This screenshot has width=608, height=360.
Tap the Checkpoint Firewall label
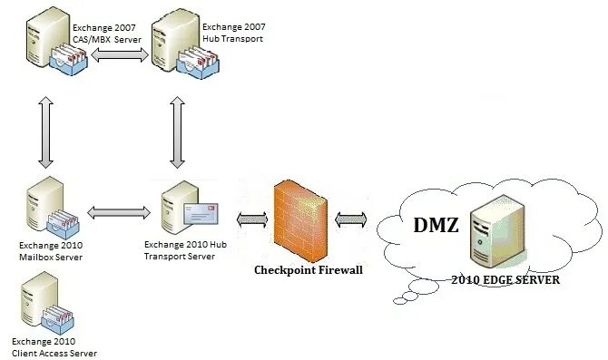pyautogui.click(x=301, y=270)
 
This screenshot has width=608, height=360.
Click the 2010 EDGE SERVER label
pyautogui.click(x=505, y=280)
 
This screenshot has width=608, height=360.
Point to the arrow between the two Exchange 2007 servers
pyautogui.click(x=122, y=56)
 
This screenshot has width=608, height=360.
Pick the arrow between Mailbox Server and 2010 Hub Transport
pyautogui.click(x=119, y=212)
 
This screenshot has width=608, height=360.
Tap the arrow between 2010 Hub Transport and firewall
pyautogui.click(x=251, y=219)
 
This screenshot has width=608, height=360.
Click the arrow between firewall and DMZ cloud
pyautogui.click(x=351, y=219)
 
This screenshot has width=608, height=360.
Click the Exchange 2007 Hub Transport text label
pyautogui.click(x=234, y=34)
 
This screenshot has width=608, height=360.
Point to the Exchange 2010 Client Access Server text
pyautogui.click(x=54, y=347)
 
